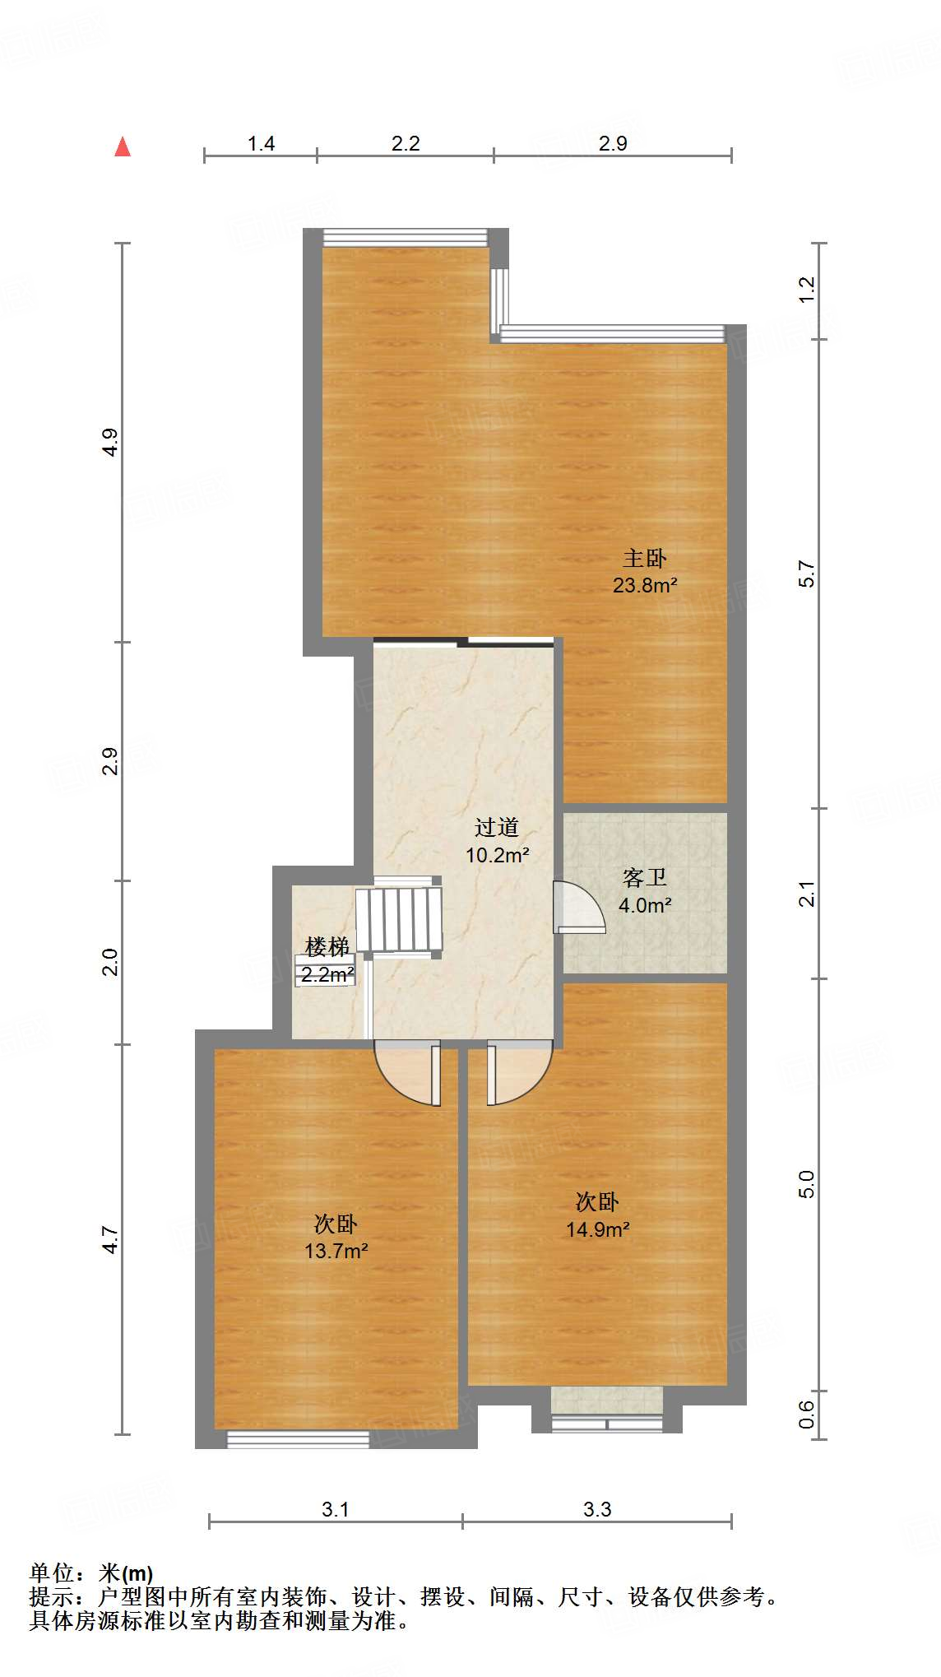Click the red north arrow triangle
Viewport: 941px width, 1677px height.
coord(123,146)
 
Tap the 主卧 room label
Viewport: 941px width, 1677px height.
coord(644,559)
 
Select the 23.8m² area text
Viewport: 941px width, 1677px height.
coord(645,585)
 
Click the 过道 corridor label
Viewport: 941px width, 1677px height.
coord(496,828)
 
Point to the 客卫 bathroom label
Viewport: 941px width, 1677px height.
coord(644,878)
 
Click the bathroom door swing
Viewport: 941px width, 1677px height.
coord(579,907)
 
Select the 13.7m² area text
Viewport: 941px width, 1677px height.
coord(336,1252)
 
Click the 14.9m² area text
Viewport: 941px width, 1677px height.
coord(597,1229)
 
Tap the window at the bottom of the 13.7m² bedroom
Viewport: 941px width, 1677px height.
coord(298,1439)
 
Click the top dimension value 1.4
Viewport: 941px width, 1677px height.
coord(261,144)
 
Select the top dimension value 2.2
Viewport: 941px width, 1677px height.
coord(406,144)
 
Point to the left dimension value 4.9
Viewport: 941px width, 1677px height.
coord(110,443)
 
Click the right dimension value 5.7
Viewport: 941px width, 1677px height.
coord(807,574)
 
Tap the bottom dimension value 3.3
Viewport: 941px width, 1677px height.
coord(597,1509)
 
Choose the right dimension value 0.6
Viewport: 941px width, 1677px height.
coord(807,1414)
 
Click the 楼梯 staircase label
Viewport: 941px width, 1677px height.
coord(327,947)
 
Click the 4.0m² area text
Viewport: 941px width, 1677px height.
coord(645,905)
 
